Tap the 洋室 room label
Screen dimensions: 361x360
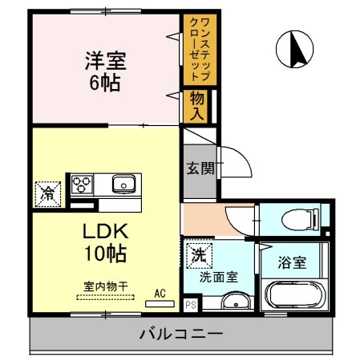pos(106,59)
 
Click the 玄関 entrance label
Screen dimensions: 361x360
pos(200,168)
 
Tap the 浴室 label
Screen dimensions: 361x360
pos(293,262)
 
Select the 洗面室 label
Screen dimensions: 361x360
pos(218,278)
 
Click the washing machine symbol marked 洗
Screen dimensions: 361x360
pos(198,256)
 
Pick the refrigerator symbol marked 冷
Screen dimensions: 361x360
pos(48,193)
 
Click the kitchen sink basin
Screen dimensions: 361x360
pos(123,185)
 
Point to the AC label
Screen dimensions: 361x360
pos(160,294)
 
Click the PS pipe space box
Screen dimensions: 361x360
pos(191,304)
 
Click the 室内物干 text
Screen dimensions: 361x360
pos(105,286)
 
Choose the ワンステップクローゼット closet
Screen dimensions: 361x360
pos(196,50)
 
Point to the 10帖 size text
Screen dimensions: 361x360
pos(106,256)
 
